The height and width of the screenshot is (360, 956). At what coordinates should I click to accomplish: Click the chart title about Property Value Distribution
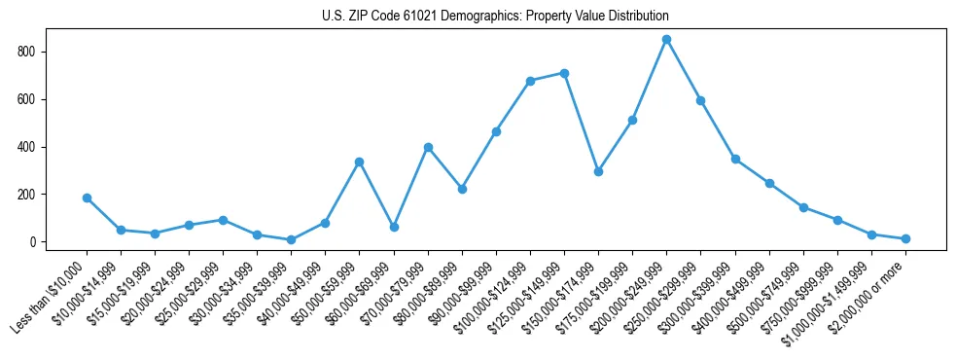[495, 17]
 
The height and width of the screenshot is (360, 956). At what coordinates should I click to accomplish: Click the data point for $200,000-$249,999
[666, 39]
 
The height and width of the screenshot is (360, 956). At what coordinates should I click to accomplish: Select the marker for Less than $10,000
[87, 198]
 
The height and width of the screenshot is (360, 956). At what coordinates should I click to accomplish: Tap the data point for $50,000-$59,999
[360, 162]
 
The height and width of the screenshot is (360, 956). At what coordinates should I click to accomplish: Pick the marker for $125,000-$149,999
[564, 73]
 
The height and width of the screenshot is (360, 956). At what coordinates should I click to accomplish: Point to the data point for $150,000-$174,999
[598, 171]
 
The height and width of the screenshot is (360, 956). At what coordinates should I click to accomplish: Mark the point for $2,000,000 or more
[905, 238]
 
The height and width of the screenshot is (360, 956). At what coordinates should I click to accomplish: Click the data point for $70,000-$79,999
[428, 147]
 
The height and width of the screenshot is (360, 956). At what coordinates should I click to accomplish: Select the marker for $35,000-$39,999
[292, 239]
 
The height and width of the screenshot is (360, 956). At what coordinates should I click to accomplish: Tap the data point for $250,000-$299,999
[700, 100]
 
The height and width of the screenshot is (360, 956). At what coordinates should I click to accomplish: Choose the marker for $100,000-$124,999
[530, 81]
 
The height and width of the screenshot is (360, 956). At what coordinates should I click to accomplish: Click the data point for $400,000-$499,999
[769, 183]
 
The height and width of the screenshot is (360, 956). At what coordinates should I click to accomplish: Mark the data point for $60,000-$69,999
[394, 227]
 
